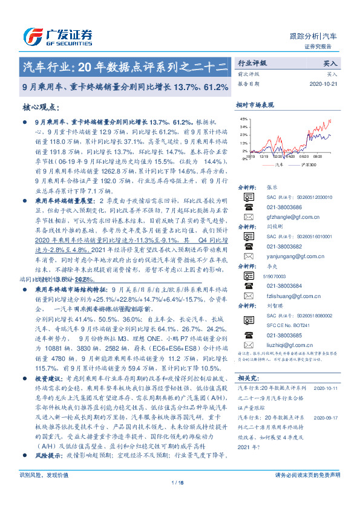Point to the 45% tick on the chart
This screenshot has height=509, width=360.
(x=244, y=120)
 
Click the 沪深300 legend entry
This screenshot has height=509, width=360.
(x=309, y=164)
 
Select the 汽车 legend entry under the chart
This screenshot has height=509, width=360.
(x=278, y=164)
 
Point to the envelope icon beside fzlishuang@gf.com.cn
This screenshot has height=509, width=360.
(x=248, y=294)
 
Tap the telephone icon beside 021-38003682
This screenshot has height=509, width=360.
(x=248, y=246)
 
